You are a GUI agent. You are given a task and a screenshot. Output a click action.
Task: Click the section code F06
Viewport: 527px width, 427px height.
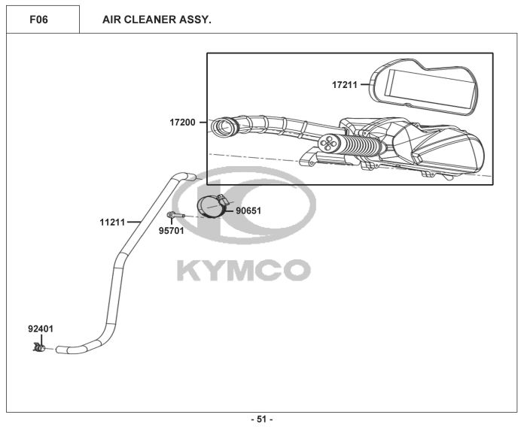click(x=38, y=20)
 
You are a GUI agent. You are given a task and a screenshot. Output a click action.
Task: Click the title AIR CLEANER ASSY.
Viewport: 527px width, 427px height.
click(x=157, y=20)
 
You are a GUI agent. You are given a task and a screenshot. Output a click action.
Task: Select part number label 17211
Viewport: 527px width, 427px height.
click(x=344, y=85)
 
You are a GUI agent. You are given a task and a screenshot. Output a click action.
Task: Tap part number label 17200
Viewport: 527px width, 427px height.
click(x=182, y=122)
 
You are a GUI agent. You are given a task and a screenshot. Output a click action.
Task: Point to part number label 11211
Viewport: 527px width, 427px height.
click(x=112, y=222)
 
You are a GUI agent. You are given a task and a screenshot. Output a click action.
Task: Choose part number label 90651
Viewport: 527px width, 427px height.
click(x=248, y=211)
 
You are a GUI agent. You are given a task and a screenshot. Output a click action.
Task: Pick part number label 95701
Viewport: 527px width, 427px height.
click(x=171, y=231)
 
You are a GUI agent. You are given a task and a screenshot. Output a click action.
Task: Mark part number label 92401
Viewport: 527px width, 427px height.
click(x=41, y=329)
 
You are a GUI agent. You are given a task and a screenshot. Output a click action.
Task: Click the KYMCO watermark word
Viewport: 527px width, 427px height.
click(x=242, y=269)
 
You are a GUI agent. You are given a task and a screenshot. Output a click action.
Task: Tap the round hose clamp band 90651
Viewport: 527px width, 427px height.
click(x=211, y=206)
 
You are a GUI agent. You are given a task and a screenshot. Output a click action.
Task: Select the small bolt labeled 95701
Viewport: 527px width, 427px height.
click(x=175, y=217)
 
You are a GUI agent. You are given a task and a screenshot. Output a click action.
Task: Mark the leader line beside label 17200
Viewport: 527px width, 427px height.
click(x=203, y=122)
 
